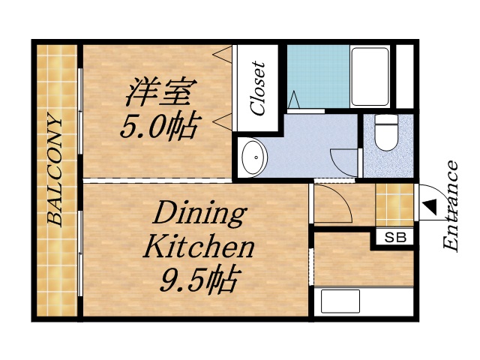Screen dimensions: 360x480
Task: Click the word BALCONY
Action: [x=55, y=169]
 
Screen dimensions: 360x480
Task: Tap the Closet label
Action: [x=259, y=88]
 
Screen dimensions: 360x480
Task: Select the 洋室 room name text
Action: [x=160, y=92]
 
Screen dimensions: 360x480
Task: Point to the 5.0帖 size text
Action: [x=159, y=124]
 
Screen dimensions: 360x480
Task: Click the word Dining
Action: [x=199, y=215]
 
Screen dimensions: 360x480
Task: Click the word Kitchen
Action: [x=199, y=247]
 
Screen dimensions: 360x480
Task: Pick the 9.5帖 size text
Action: [x=199, y=280]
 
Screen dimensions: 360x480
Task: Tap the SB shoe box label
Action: [x=394, y=238]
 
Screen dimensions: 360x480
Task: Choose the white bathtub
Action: [x=370, y=77]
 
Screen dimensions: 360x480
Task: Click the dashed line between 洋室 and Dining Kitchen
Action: [x=157, y=181]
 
